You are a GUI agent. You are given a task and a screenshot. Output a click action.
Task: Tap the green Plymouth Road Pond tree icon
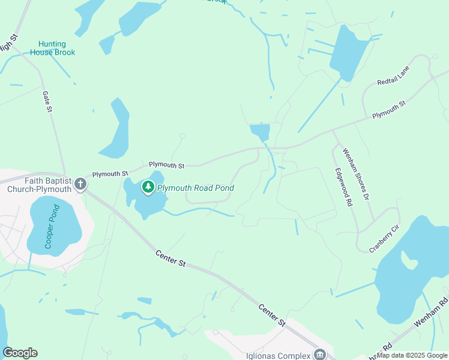click(x=148, y=188)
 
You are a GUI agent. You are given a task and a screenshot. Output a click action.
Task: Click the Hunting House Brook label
click(x=57, y=48)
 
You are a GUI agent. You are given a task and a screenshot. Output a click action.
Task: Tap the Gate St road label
click(x=48, y=101)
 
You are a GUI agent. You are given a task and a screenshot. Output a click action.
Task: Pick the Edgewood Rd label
click(x=343, y=187)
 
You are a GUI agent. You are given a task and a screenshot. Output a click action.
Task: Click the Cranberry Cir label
click(x=384, y=239)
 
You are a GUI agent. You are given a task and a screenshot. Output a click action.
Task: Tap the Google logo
click(x=20, y=353)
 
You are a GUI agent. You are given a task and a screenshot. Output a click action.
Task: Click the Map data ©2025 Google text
click(x=412, y=355)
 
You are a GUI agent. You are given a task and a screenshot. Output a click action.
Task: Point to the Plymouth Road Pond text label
click(x=195, y=188)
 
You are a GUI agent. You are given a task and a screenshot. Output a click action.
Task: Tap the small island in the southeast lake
click(x=409, y=261)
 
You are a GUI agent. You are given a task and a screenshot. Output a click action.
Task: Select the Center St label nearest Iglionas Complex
click(x=271, y=315)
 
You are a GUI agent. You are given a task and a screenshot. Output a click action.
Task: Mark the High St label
click(x=7, y=46)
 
